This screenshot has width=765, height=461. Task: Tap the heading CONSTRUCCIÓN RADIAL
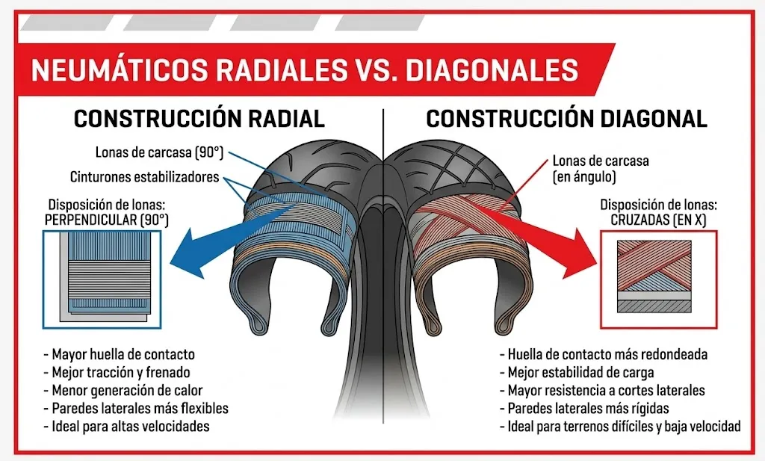[199, 119]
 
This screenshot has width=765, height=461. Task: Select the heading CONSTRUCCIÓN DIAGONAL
[566, 119]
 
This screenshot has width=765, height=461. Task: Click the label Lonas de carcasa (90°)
[159, 152]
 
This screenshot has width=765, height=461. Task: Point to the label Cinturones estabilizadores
[144, 176]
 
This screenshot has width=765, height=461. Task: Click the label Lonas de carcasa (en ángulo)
[601, 169]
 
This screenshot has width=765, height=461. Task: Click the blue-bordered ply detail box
[102, 279]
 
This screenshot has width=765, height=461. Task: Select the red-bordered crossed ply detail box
[658, 279]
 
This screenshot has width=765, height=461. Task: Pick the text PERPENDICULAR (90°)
[106, 220]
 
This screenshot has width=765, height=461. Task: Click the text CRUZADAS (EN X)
[658, 220]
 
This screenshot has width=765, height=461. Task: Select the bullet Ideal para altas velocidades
[126, 427]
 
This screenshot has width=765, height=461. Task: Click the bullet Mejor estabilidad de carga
[577, 373]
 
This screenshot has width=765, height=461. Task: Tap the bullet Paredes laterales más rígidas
[584, 408]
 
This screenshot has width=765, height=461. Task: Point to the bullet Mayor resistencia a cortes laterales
[602, 390]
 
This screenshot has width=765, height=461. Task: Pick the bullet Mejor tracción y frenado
[117, 373]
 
